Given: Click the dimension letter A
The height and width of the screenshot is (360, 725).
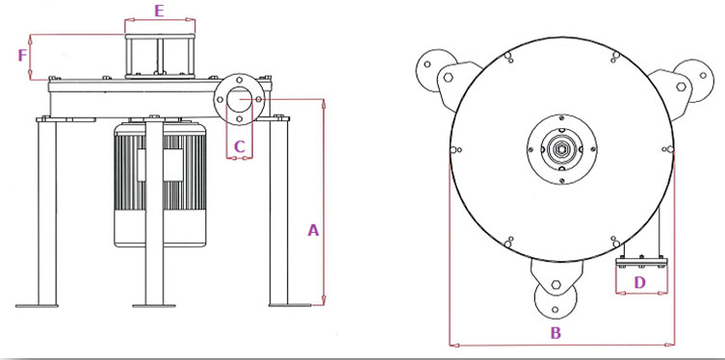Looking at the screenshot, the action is click(314, 230).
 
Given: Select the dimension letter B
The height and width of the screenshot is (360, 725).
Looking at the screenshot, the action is click(556, 333).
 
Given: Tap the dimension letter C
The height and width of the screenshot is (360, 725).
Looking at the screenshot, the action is click(239, 147).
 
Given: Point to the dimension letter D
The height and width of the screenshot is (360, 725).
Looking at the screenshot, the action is click(639, 282).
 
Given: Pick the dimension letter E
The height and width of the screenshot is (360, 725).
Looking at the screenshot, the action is click(159, 11).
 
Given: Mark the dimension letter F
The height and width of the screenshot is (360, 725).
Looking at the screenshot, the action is click(22, 56).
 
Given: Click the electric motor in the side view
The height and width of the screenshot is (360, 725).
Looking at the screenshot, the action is click(160, 184).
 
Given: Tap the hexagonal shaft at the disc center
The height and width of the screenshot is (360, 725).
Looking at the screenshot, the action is click(561, 149).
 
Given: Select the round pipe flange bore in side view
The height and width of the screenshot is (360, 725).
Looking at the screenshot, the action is click(239, 99).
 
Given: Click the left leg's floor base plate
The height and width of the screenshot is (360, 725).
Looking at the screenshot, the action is click(37, 305).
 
